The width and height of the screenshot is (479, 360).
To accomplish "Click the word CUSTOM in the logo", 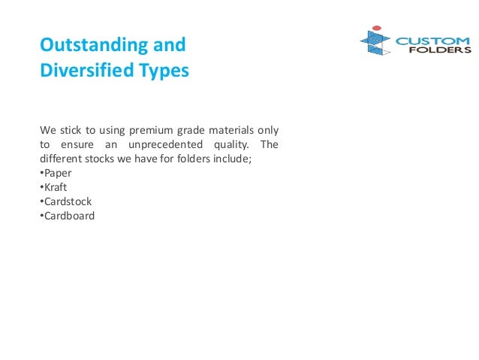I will [x=432, y=41].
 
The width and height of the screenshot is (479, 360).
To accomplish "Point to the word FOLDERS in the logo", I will [x=443, y=51].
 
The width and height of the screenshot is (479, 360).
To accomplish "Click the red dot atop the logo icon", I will [x=377, y=28].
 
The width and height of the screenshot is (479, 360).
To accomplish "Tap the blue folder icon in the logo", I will [x=375, y=44].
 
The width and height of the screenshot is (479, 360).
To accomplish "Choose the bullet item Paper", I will [x=57, y=173].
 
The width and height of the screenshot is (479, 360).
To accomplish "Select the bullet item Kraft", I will [x=56, y=187].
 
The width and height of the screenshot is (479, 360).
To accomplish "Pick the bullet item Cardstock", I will [x=67, y=201].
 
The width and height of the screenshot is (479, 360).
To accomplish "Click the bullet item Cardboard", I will [x=68, y=216].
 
